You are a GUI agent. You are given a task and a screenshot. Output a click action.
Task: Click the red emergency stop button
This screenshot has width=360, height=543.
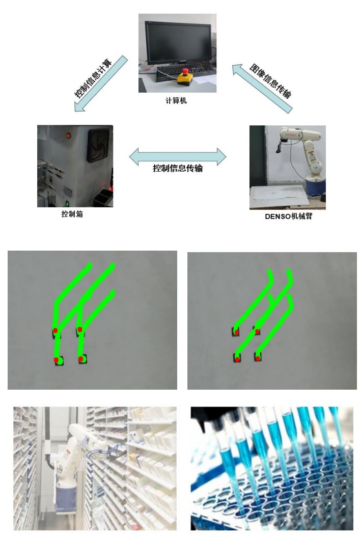pos(185,72)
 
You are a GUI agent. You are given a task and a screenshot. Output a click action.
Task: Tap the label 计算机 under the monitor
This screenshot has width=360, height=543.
pos(176,101)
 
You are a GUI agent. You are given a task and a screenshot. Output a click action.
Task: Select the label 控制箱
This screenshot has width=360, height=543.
pos(72,214)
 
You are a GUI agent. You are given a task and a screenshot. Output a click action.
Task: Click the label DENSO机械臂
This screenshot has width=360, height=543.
pos(288,216)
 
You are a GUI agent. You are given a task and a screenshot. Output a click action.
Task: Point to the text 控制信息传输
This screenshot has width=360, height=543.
pos(178,168)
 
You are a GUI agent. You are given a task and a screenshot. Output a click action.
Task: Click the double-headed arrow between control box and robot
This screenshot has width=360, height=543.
pos(178,156)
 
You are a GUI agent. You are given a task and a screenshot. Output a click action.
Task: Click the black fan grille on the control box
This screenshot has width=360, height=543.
pos(100,145)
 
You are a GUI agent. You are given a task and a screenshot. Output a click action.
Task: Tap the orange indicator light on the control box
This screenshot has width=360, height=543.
pos(68,135)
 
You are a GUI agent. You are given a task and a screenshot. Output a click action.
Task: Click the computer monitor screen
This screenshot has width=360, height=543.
pos(178,42)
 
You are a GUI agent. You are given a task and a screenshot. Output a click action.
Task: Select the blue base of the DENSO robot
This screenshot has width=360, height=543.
pos(315,186)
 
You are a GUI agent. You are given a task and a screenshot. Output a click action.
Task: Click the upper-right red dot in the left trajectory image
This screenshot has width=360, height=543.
pos(79,330)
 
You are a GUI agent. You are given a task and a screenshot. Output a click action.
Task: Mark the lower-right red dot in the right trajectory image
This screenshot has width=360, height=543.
pos(258,358)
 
